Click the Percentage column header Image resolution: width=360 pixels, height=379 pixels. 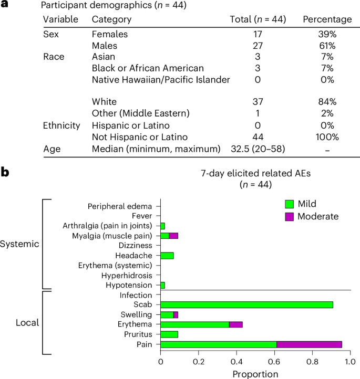[327, 19]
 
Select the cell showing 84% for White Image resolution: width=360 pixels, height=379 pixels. [327, 102]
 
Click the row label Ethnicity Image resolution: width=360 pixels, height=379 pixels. [61, 125]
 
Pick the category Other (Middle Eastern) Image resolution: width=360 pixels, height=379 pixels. [139, 113]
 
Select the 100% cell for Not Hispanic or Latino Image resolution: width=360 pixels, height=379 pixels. [327, 136]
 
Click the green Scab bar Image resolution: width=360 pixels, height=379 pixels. [246, 304]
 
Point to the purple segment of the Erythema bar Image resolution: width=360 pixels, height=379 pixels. [235, 324]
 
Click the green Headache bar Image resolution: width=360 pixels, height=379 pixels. [167, 255]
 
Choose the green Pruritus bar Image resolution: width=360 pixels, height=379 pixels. [169, 334]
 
